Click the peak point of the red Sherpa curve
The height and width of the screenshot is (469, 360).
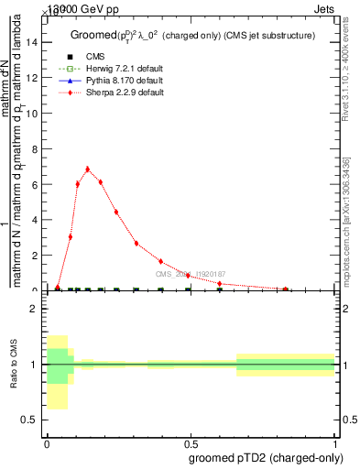coord(87,169)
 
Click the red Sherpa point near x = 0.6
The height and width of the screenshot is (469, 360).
coord(219,283)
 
